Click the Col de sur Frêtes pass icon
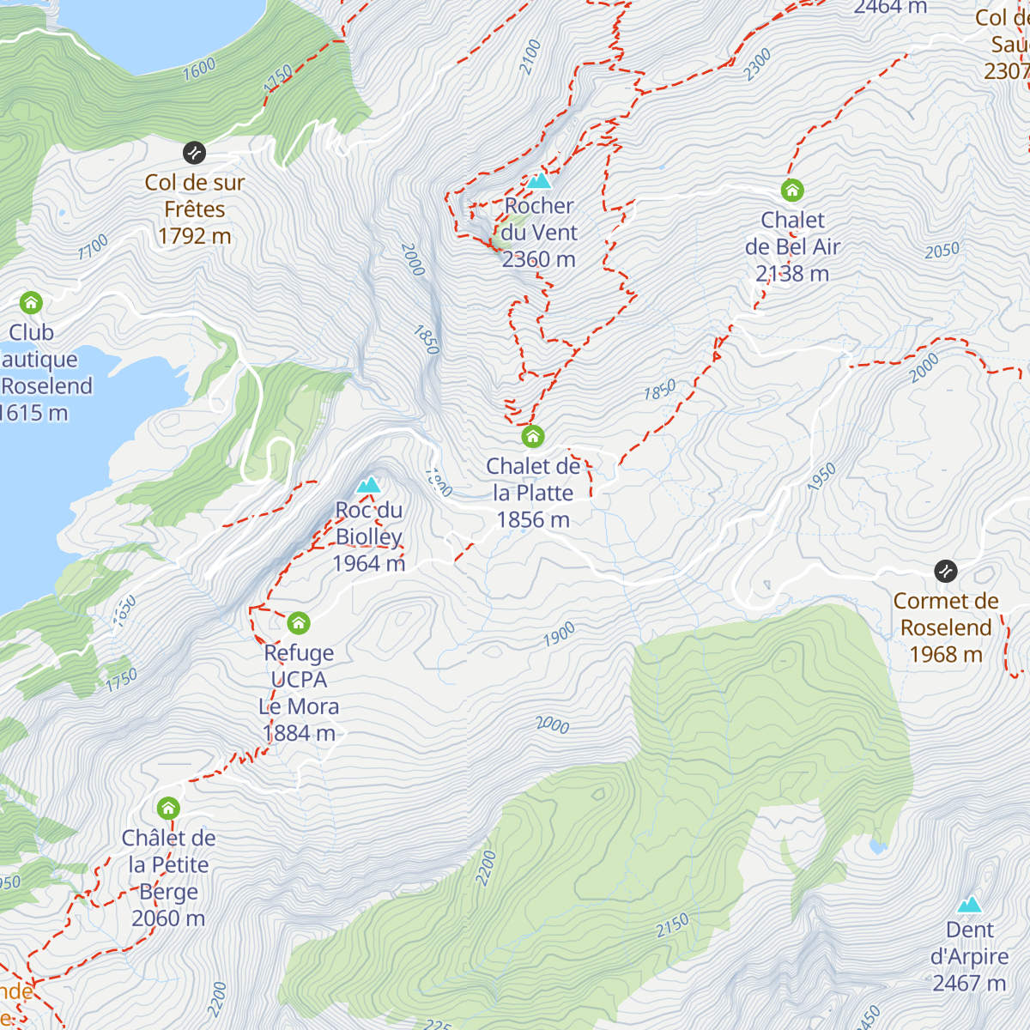[x=195, y=153]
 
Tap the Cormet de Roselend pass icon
[x=946, y=571]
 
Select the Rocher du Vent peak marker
[x=539, y=181]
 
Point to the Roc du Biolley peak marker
[x=369, y=485]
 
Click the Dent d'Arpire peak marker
[x=970, y=905]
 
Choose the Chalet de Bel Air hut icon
[x=791, y=190]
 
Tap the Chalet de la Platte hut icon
[x=533, y=437]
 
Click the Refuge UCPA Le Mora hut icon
[x=299, y=622]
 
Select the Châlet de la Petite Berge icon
[x=168, y=808]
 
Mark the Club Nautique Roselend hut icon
[x=32, y=303]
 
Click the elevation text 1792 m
[x=195, y=236]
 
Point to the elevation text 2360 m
[x=539, y=259]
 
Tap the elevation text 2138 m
[x=792, y=274]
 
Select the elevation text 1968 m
[x=946, y=654]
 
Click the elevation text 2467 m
[x=970, y=983]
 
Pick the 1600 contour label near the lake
[x=199, y=70]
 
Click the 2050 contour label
[x=942, y=251]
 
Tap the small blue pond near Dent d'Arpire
[x=877, y=847]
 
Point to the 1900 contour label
[x=559, y=636]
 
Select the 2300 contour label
[x=758, y=65]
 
